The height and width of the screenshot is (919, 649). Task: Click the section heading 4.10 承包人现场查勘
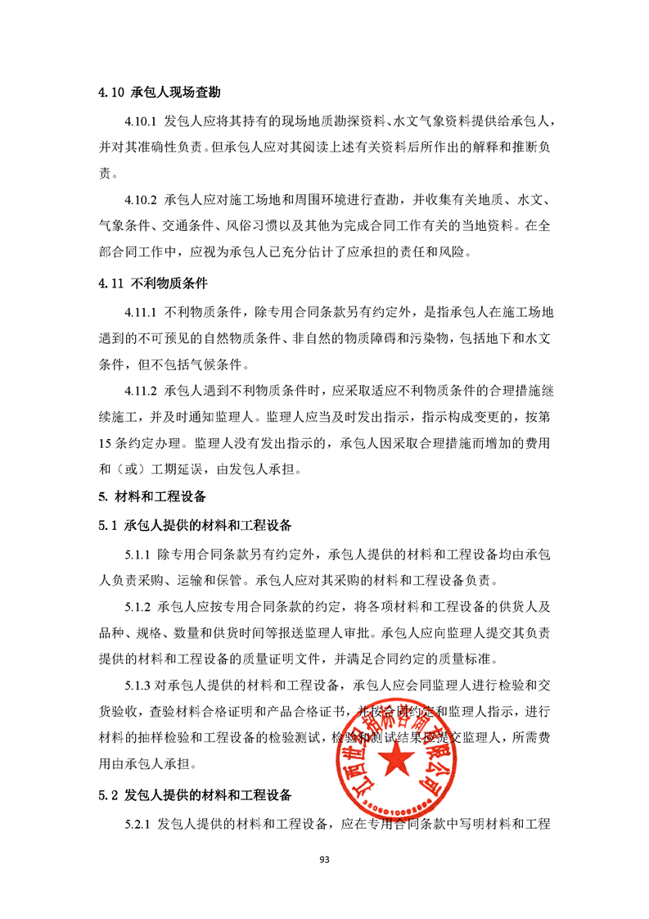click(x=159, y=93)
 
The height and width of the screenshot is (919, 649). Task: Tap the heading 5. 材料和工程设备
click(x=151, y=497)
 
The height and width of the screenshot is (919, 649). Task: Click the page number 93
click(x=324, y=859)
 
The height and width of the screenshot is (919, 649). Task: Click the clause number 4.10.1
click(x=140, y=122)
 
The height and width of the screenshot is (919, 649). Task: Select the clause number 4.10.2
click(x=140, y=199)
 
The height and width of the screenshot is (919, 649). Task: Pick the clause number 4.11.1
click(x=140, y=312)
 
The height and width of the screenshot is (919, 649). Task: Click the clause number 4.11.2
click(x=140, y=391)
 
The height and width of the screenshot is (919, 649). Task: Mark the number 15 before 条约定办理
click(x=105, y=443)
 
